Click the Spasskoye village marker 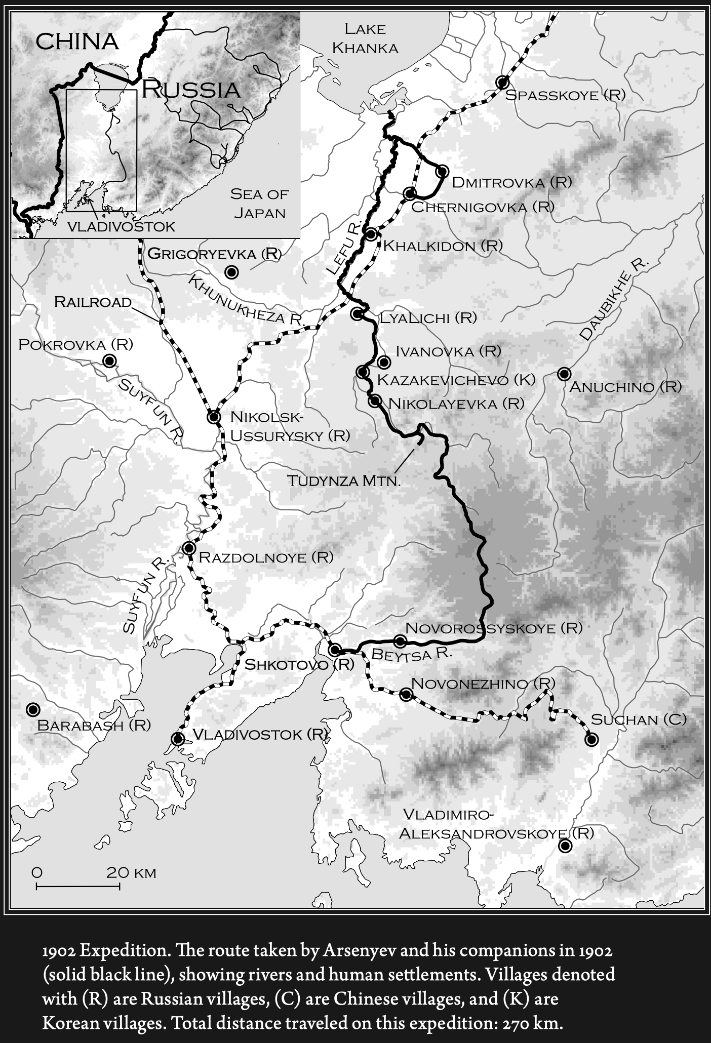(502, 83)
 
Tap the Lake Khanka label (365, 38)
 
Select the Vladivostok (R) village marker (178, 739)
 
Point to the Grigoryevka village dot (232, 272)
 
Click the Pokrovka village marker (109, 361)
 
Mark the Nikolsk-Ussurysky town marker (214, 418)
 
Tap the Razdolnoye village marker (189, 548)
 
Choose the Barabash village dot (33, 709)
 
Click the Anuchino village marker (564, 374)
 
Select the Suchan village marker (591, 739)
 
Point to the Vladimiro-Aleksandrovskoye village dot (565, 846)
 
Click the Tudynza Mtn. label (344, 480)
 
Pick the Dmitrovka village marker (442, 171)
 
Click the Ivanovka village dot (384, 362)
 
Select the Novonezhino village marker (406, 694)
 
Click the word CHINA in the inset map (77, 42)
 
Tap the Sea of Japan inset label (259, 203)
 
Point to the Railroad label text (93, 302)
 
